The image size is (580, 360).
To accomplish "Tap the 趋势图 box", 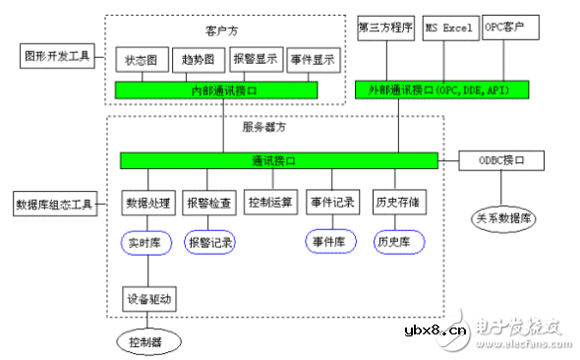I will (x=200, y=61).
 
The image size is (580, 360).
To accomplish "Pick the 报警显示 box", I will (x=257, y=61).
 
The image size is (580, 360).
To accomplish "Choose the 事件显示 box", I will (x=314, y=61).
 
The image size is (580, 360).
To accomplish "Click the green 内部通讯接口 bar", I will (x=216, y=90).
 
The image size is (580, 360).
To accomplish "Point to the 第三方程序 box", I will (x=385, y=26).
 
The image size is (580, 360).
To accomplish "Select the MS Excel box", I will (x=448, y=26).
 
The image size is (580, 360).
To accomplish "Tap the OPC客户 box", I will (x=510, y=26).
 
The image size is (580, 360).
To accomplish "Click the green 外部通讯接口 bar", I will (x=443, y=90).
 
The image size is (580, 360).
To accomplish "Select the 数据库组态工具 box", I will (x=54, y=205).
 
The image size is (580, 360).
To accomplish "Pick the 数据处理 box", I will (x=148, y=204).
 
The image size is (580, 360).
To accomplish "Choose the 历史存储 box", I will (x=396, y=204).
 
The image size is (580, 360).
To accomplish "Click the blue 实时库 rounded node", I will (x=148, y=241).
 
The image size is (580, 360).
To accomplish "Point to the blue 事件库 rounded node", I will (x=329, y=241).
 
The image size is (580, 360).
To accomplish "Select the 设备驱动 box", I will (x=148, y=297).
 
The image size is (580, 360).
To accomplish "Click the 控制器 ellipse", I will (x=145, y=342).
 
